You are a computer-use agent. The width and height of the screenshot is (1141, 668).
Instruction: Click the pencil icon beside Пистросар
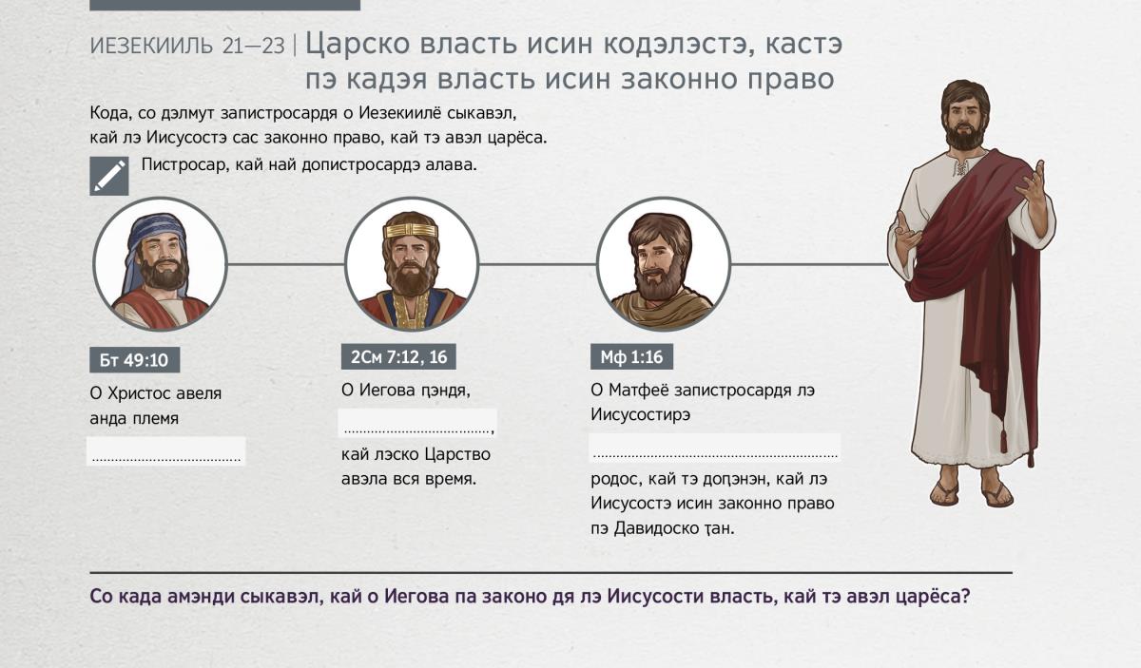coord(109,176)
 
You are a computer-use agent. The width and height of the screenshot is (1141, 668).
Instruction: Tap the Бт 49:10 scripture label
coord(134,360)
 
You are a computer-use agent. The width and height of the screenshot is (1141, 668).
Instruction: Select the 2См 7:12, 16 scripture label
coord(398,357)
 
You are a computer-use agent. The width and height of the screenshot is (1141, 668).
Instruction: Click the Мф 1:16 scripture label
coord(631,357)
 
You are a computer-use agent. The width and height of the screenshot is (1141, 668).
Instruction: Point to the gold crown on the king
coord(411,231)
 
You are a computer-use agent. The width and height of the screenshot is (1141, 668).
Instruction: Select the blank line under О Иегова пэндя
coord(416,432)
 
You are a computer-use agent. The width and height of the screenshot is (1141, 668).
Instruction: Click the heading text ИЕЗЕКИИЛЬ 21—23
coord(187,47)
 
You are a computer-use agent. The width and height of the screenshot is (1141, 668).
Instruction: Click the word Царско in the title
coord(358,45)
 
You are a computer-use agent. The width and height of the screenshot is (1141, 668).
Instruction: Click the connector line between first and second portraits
coord(286,264)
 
